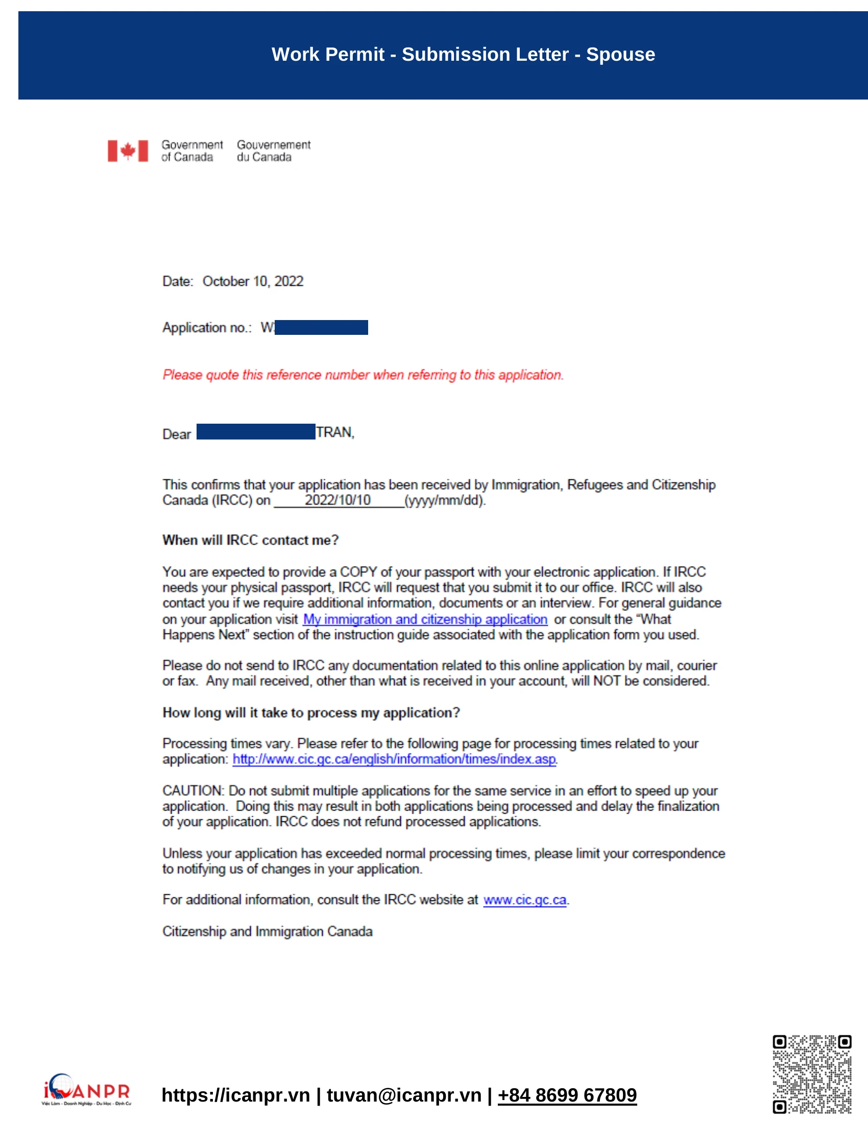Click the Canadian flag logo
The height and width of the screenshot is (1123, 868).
[x=128, y=151]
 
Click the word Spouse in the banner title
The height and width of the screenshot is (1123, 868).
[x=621, y=55]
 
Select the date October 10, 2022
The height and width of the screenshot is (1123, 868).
[x=252, y=281]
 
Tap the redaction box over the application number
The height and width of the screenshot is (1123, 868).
[x=321, y=328]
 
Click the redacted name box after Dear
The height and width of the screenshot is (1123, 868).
[x=256, y=432]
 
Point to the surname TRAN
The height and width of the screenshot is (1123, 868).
[x=334, y=432]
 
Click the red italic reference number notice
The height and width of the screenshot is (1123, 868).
[x=363, y=375]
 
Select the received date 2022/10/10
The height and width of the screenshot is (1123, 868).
[x=337, y=500]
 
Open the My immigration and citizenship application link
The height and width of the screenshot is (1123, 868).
[x=425, y=620]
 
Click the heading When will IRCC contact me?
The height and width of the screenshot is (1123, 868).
[x=250, y=541]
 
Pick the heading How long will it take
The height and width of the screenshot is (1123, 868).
[x=311, y=713]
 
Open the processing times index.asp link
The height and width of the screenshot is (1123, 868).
[x=394, y=760]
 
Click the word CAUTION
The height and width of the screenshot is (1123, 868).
[x=193, y=791]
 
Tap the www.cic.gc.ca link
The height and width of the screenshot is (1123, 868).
[x=524, y=900]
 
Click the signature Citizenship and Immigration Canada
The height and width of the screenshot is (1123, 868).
[x=268, y=932]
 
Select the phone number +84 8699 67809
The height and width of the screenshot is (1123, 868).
[x=567, y=1095]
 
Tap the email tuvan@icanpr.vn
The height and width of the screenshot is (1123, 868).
[x=404, y=1095]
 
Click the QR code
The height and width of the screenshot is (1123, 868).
[x=812, y=1074]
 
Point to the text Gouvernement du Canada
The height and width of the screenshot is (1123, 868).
[x=274, y=151]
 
